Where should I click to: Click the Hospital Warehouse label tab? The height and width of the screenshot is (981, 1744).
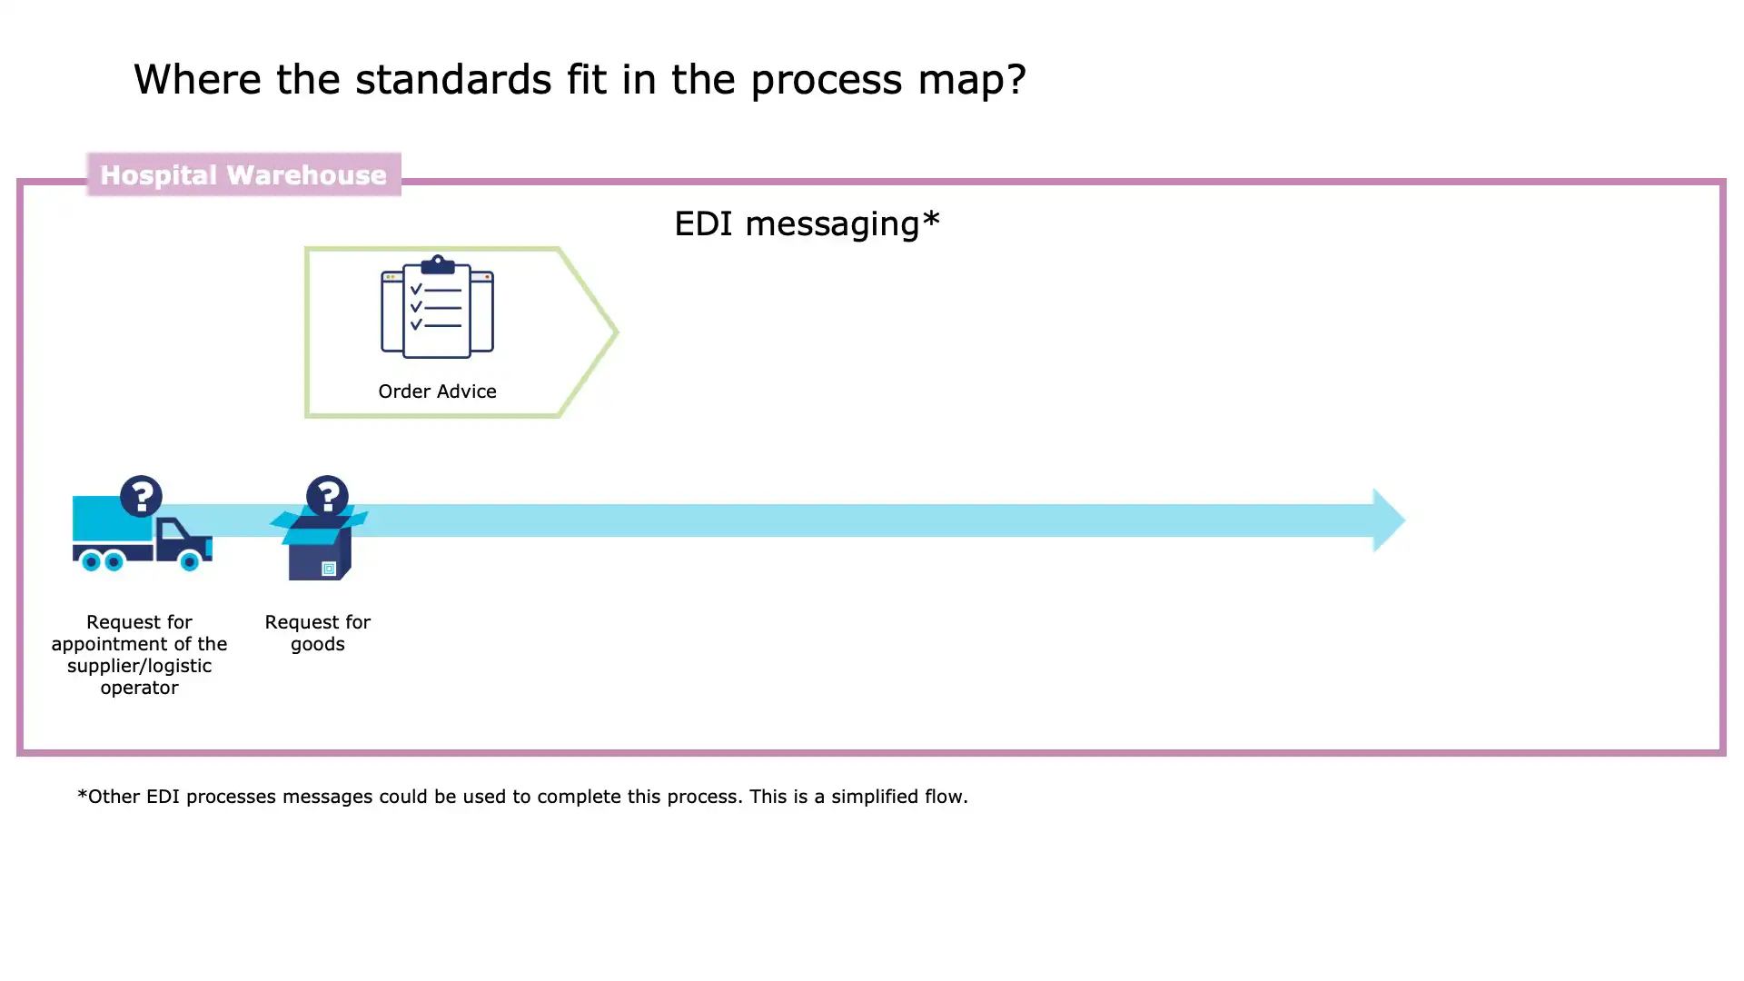(243, 174)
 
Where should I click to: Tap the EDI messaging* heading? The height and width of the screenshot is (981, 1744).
(807, 223)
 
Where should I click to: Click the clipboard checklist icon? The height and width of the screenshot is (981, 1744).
(437, 307)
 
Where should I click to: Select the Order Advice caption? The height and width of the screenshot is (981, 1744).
(437, 391)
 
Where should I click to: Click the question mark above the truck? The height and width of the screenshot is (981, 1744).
(141, 496)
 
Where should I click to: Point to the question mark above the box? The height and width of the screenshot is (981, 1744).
(327, 496)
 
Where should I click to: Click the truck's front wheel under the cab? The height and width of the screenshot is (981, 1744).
(189, 561)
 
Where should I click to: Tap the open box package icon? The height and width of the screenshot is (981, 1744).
(318, 545)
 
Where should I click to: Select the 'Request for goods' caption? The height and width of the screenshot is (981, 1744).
(318, 633)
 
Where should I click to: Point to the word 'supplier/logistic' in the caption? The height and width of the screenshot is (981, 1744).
(139, 666)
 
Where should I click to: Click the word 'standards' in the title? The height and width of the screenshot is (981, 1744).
(452, 80)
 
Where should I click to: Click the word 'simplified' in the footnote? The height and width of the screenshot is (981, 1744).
(874, 797)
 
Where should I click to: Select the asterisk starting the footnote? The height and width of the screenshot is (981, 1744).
(82, 795)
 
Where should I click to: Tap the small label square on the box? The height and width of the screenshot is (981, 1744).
(329, 569)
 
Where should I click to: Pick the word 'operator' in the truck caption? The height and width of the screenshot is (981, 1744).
(139, 688)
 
